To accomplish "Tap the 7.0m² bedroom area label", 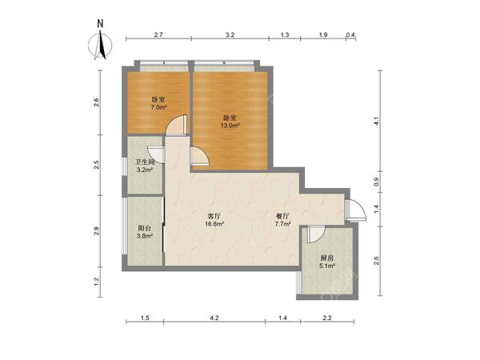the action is point(158,103).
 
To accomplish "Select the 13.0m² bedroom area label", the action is point(230,122).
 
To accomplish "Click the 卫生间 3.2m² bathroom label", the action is point(145,166).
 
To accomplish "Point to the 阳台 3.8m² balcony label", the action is point(145,232).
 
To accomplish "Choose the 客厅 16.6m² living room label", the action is point(214,219).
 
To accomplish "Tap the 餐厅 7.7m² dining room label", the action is point(282,219).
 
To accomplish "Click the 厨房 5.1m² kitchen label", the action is point(327,262).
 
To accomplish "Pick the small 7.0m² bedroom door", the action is point(176,126).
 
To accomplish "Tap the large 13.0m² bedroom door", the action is point(200,156).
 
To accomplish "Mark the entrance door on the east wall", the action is point(355,210).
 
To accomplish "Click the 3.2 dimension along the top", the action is point(230,34).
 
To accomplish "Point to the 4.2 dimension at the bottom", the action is point(214,318).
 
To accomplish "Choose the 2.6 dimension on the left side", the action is point(97,102).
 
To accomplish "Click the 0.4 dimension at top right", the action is point(350,34).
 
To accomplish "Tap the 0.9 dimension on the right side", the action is point(377,182).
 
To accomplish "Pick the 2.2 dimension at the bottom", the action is point(327,318).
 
